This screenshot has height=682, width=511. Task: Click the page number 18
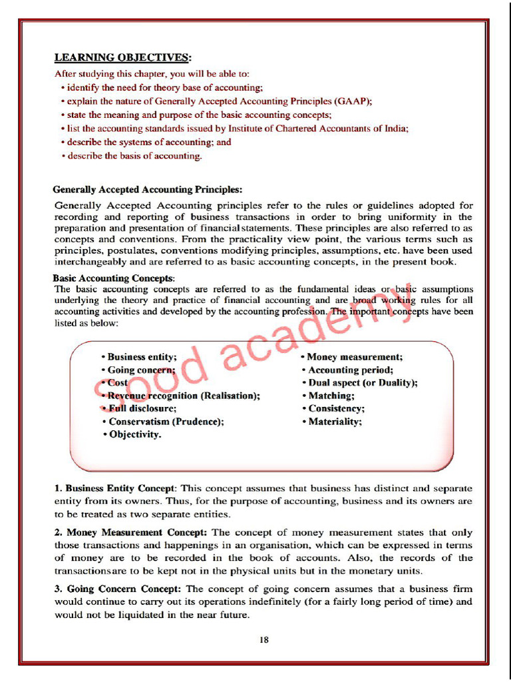tap(264, 641)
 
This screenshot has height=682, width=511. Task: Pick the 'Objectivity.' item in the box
tap(134, 435)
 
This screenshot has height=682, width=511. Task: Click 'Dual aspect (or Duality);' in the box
tap(362, 383)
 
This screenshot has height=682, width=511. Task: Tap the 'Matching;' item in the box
tap(331, 396)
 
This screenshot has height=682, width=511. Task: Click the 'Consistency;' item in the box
tap(335, 408)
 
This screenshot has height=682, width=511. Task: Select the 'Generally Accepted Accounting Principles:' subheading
tap(148, 189)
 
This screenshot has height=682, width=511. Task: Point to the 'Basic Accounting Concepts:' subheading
tap(114, 278)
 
